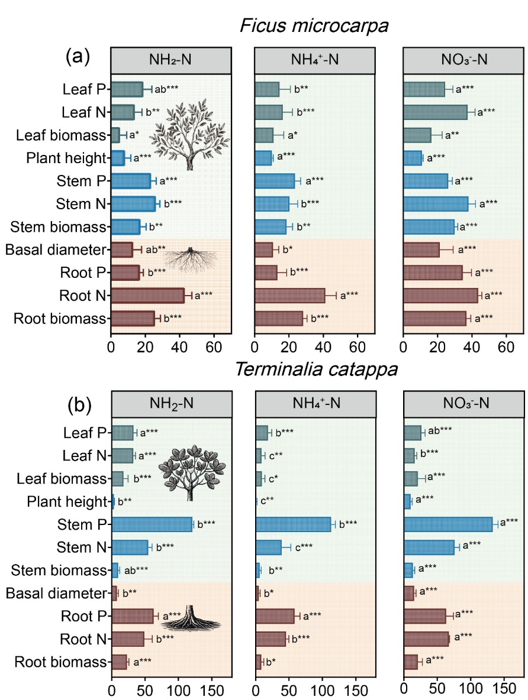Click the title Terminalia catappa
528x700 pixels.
[316, 371]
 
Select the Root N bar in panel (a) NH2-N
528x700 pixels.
[147, 296]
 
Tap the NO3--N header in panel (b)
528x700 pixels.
[463, 408]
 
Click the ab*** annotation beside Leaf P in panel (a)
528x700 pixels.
[166, 90]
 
